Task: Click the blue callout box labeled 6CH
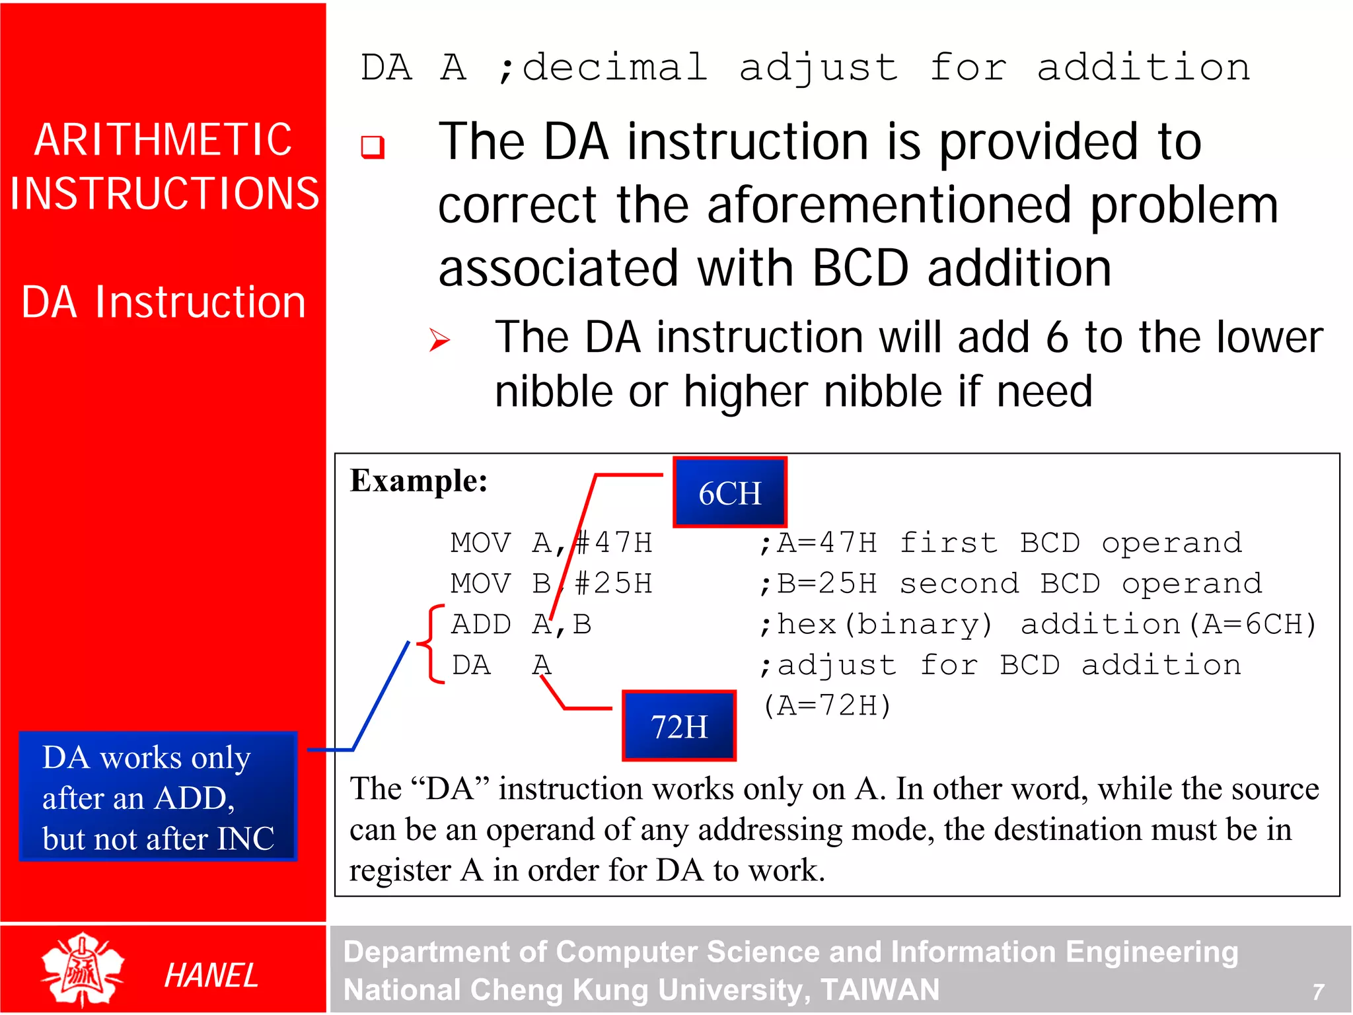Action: pyautogui.click(x=729, y=493)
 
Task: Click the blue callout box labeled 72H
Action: pyautogui.click(x=678, y=726)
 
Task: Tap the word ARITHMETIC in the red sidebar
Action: pyautogui.click(x=163, y=140)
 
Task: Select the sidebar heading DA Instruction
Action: pyautogui.click(x=163, y=302)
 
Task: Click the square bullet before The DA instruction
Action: pyautogui.click(x=372, y=147)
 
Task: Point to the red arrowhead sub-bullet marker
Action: pyautogui.click(x=439, y=340)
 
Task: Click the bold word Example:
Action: pyautogui.click(x=418, y=481)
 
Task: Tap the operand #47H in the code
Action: pyautogui.click(x=613, y=543)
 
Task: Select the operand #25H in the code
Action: pyautogui.click(x=613, y=584)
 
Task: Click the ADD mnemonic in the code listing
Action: pyautogui.click(x=481, y=625)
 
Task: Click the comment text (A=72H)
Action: pyautogui.click(x=826, y=706)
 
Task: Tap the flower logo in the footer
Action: pyautogui.click(x=82, y=969)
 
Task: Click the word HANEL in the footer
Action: pyautogui.click(x=211, y=975)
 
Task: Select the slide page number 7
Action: pyautogui.click(x=1317, y=991)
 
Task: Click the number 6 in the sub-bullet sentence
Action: pyautogui.click(x=1056, y=337)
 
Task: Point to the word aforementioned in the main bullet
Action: pyautogui.click(x=889, y=205)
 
